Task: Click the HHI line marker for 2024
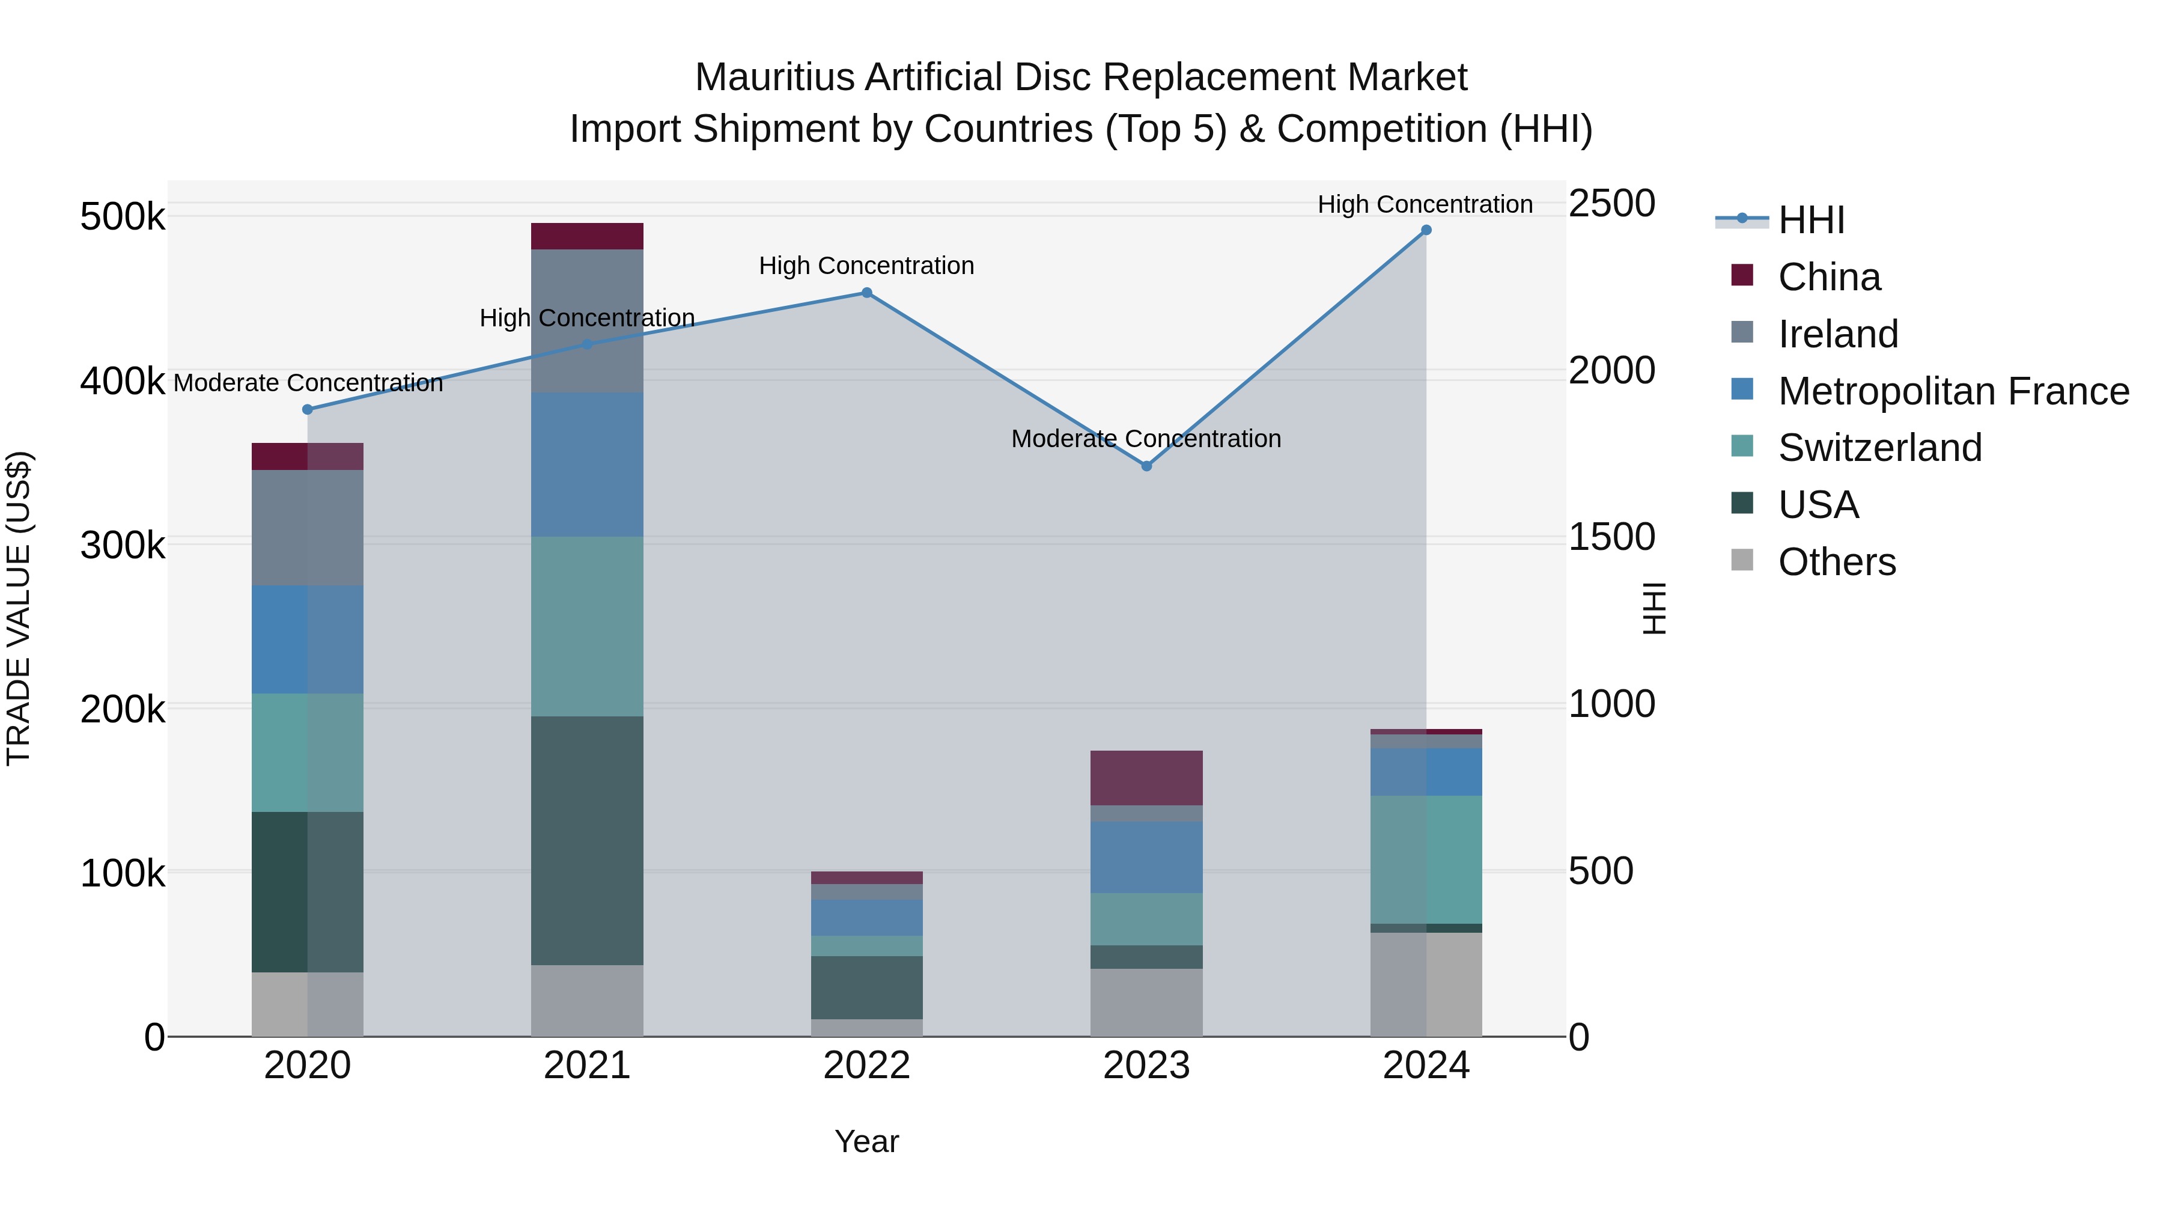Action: coord(1426,230)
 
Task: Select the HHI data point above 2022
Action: coord(866,293)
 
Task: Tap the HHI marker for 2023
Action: coord(1146,466)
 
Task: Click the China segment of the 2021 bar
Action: coord(587,236)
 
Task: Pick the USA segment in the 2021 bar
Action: coord(587,840)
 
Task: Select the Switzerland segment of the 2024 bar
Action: coord(1426,859)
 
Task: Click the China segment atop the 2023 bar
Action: coord(1146,778)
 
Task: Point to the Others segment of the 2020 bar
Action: coord(307,1004)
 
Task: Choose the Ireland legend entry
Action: coord(1837,334)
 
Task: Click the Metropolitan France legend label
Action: coord(1953,391)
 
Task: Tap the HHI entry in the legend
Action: coord(1810,220)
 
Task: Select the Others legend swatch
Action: coord(1742,560)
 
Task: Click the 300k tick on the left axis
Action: coord(123,546)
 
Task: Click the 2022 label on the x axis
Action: coord(866,1066)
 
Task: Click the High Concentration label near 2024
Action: coord(1425,204)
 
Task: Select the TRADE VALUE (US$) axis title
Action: coord(19,608)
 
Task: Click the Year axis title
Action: coord(866,1141)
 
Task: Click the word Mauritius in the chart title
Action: coord(773,78)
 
